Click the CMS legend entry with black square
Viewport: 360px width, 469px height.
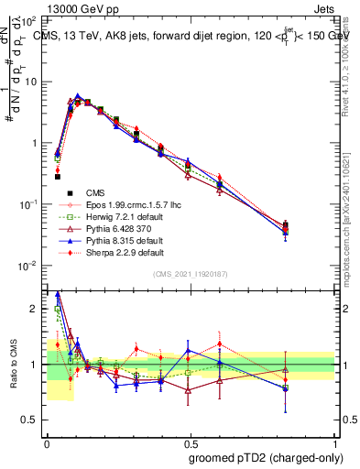tap(95, 192)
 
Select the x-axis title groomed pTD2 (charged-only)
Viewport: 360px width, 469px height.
tap(267, 458)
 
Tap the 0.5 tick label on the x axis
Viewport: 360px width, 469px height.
tap(190, 441)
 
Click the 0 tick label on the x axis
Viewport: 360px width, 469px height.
tap(47, 441)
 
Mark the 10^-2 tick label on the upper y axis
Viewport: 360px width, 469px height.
tap(29, 266)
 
